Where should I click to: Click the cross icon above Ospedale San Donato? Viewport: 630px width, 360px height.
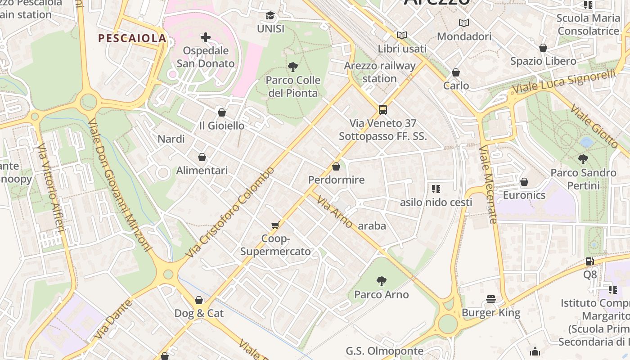point(206,37)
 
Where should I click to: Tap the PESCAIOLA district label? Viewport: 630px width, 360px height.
point(132,39)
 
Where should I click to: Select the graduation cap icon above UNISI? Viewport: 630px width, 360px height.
point(270,16)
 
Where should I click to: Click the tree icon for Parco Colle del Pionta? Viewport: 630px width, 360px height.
point(293,67)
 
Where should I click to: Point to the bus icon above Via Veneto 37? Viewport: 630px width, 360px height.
point(382,109)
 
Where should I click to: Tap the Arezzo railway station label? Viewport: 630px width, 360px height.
point(380,72)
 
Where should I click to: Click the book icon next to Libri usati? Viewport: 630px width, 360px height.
point(402,35)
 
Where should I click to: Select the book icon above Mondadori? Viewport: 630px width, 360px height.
point(463,23)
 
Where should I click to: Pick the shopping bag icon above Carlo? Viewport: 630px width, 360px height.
point(456,72)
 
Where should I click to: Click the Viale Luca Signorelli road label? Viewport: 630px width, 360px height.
point(564,82)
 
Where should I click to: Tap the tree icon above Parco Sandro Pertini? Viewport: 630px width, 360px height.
point(583,159)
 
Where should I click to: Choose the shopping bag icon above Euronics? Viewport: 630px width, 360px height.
point(524,182)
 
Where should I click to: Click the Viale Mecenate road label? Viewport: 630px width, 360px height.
point(488,184)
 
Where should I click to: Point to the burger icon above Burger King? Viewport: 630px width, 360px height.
point(491,299)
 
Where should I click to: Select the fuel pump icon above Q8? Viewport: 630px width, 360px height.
point(589,261)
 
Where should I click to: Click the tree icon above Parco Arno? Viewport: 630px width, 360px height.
point(381,281)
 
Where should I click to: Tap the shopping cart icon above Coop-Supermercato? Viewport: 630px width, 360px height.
point(275,225)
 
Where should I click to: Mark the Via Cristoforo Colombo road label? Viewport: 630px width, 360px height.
point(230,212)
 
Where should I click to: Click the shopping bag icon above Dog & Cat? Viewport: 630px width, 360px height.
point(199,300)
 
